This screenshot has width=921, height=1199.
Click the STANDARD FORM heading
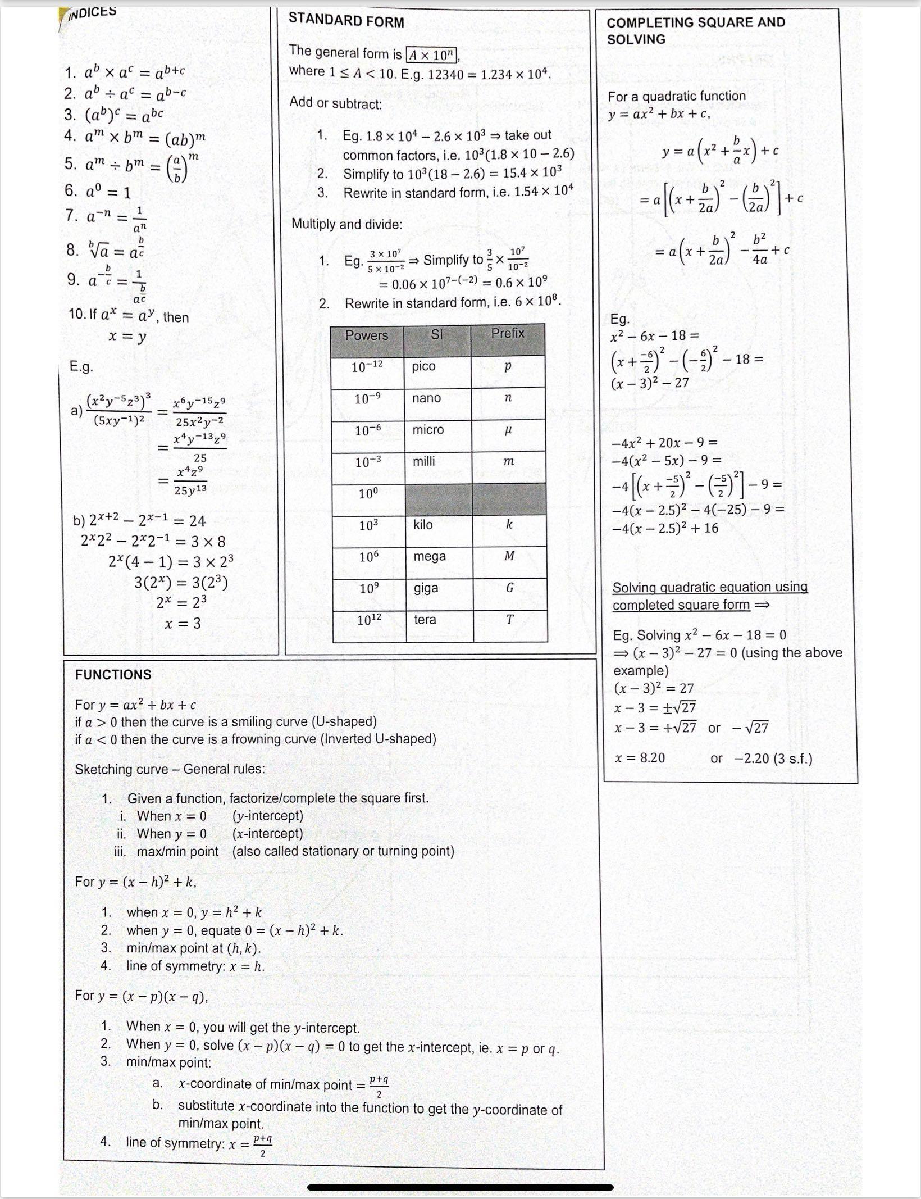346,21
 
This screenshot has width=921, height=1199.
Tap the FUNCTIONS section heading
113,674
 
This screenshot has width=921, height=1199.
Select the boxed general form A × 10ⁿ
432,55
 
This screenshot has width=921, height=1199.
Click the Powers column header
367,335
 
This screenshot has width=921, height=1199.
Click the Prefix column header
508,333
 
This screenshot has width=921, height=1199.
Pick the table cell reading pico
424,366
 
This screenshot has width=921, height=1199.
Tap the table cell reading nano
427,398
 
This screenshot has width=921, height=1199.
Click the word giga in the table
426,588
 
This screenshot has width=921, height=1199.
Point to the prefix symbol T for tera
510,620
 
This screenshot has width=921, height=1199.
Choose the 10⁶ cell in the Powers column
368,556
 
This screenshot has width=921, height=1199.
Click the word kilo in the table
423,524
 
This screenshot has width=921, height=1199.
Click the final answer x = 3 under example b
183,623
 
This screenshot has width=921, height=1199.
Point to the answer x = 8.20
640,758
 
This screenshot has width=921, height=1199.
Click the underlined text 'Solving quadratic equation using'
710,587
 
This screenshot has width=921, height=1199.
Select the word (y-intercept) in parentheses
267,815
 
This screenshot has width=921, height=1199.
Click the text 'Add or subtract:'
336,103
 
